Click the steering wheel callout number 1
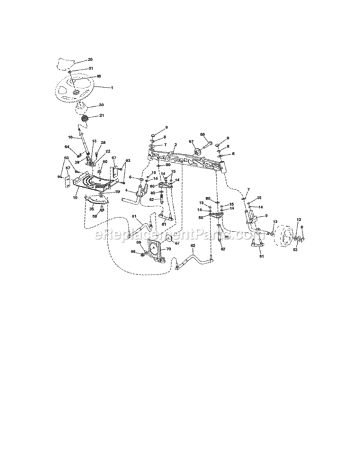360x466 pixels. (x=112, y=88)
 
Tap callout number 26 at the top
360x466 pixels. (x=91, y=60)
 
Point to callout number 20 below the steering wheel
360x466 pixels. (x=101, y=105)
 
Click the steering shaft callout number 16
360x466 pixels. (x=71, y=137)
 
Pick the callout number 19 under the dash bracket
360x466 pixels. (x=75, y=197)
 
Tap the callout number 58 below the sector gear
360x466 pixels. (x=95, y=217)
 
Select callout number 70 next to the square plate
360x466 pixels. (x=168, y=247)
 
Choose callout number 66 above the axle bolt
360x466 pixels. (x=202, y=134)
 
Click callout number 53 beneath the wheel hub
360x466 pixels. (x=295, y=250)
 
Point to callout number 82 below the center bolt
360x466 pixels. (x=223, y=249)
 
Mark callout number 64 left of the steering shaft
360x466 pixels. (x=67, y=147)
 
